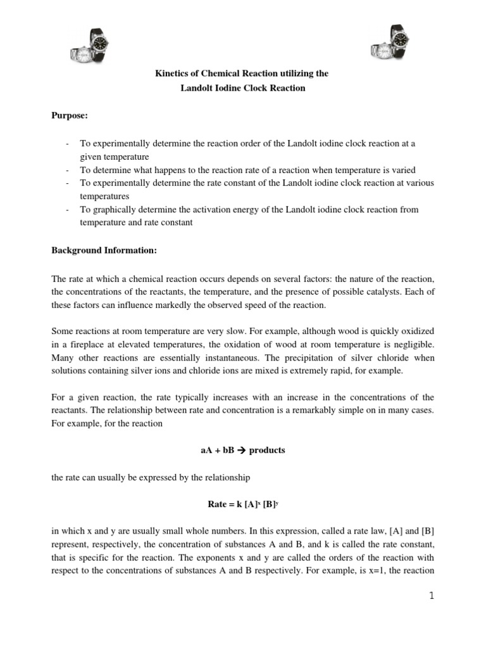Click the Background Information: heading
(104, 250)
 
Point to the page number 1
(431, 596)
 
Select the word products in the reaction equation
(268, 451)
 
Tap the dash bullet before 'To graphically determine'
(68, 210)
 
